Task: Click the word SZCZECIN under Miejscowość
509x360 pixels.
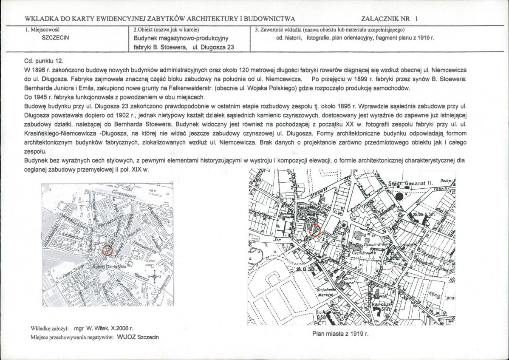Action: (x=57, y=37)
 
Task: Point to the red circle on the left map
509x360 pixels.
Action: (x=107, y=249)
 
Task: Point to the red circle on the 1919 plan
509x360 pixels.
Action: (x=315, y=230)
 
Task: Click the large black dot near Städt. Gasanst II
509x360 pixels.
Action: (x=398, y=196)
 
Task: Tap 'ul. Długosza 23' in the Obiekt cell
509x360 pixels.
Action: (x=213, y=47)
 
